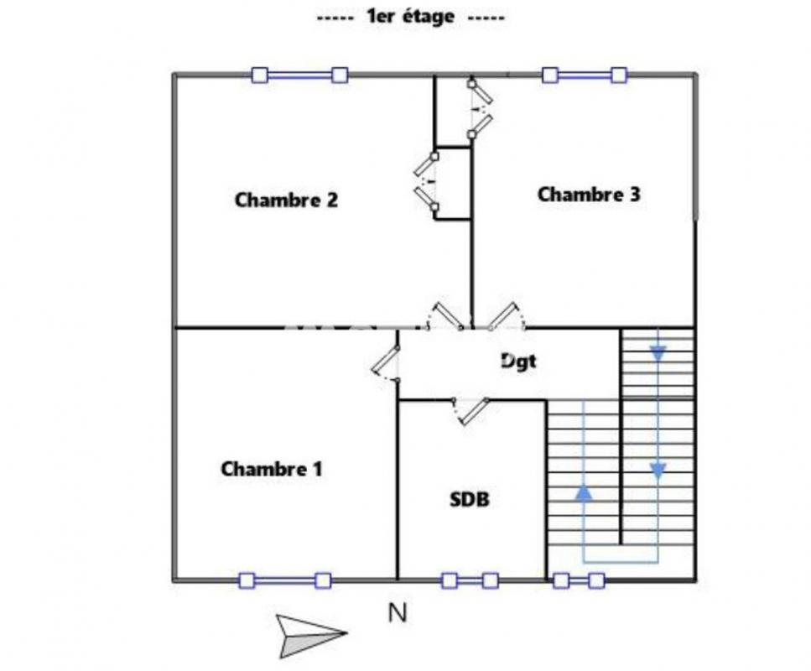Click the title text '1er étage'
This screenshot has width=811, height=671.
click(x=410, y=17)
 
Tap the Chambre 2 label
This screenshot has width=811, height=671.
click(x=286, y=200)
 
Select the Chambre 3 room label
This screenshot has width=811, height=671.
click(x=589, y=195)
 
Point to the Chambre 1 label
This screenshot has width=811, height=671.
click(x=271, y=469)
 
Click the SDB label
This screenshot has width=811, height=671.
click(x=470, y=500)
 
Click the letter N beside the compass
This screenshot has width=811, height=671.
click(x=398, y=614)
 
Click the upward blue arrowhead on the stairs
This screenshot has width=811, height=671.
click(x=584, y=492)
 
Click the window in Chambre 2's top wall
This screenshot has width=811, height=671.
click(x=299, y=75)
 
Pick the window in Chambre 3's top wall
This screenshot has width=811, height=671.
click(x=584, y=75)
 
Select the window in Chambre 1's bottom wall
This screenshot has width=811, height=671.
click(x=284, y=580)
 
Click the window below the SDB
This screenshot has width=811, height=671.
click(x=470, y=580)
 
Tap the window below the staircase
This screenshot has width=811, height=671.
click(x=579, y=580)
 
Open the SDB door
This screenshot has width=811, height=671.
click(x=470, y=409)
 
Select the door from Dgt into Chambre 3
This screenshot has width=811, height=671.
click(x=507, y=316)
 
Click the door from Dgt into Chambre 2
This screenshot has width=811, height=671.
click(x=444, y=316)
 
